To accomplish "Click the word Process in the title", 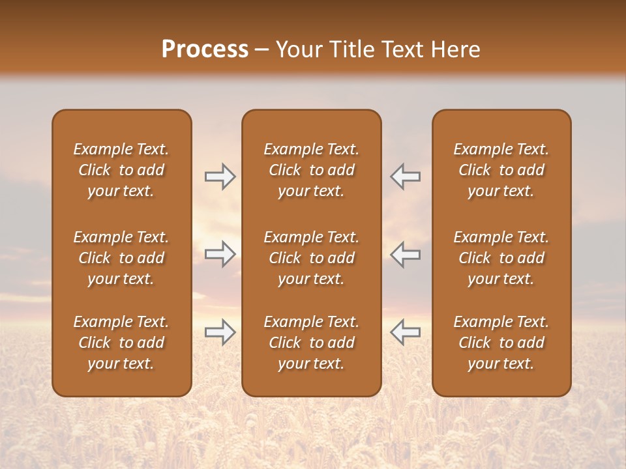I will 205,50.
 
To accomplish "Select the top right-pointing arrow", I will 220,176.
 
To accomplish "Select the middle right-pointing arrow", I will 220,254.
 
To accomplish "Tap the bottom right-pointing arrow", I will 220,332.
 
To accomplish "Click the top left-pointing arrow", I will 406,176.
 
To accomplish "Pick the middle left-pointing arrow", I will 406,254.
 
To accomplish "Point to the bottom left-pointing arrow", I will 406,332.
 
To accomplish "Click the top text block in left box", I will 121,170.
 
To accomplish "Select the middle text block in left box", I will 121,258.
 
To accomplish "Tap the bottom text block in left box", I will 121,343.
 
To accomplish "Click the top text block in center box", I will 312,170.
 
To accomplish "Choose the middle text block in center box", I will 312,258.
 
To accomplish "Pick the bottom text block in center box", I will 312,343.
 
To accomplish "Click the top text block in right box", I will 501,170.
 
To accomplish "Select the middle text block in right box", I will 501,258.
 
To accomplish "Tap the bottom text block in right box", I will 501,343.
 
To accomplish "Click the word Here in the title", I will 455,50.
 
